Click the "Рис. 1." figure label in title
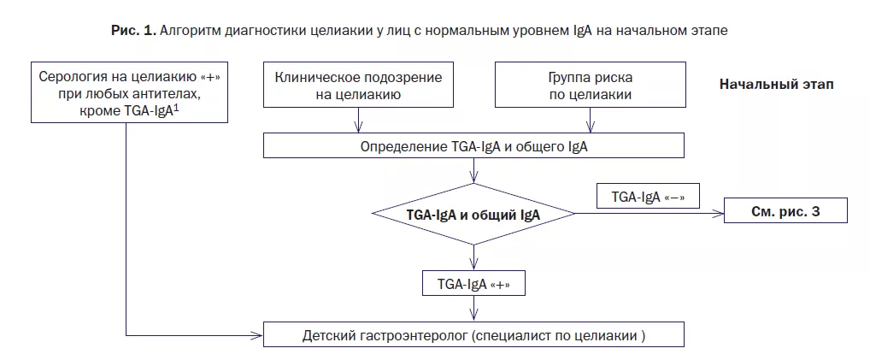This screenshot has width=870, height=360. (x=132, y=30)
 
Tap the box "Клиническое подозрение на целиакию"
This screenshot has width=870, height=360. (x=358, y=86)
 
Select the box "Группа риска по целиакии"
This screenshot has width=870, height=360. (x=591, y=86)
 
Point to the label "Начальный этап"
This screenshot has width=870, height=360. (x=776, y=85)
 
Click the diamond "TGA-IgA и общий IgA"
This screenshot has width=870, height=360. (x=473, y=214)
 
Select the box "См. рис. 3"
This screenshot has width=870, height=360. (x=787, y=211)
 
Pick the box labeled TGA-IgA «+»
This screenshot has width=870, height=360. (x=473, y=283)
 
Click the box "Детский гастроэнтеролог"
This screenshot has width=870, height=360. (x=474, y=334)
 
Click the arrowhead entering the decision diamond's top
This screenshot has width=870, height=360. (x=473, y=180)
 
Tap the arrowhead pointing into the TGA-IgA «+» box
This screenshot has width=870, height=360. (x=473, y=266)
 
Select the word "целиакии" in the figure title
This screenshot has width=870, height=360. (x=348, y=30)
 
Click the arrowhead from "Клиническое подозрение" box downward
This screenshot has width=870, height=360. (x=358, y=128)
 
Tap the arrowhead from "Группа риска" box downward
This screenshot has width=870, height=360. (x=591, y=128)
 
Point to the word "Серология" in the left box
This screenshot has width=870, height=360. (x=73, y=75)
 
